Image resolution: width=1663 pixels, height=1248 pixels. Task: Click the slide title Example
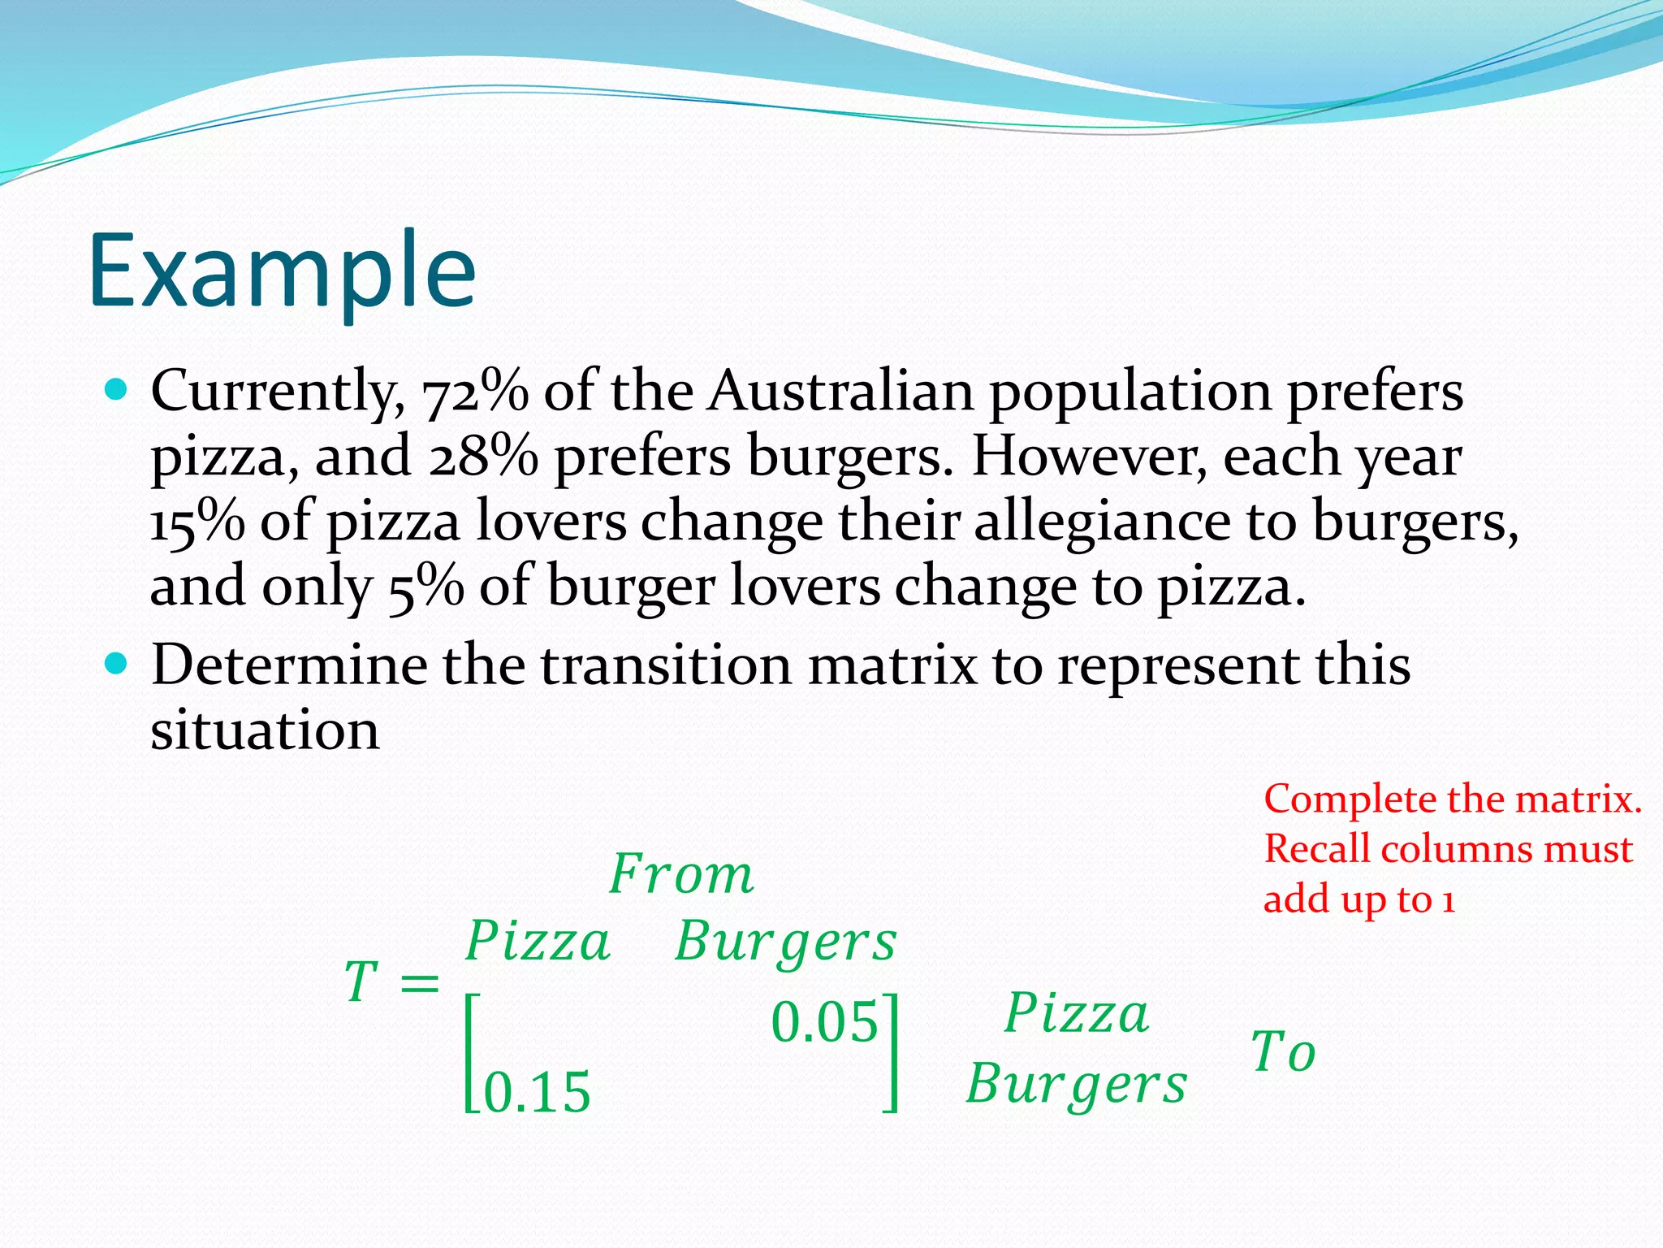282,272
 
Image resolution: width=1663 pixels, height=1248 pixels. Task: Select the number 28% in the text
483,457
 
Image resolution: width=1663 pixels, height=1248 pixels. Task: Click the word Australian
840,392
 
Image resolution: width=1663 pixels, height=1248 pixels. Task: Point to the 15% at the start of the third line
197,522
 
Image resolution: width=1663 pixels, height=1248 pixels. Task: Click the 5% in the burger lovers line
426,587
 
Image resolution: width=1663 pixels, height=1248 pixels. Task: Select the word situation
265,730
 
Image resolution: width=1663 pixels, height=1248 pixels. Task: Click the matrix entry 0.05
824,1022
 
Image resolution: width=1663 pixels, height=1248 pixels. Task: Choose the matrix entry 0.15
537,1093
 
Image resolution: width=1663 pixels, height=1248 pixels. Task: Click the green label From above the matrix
681,876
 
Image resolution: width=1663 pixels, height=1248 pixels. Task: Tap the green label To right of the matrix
1283,1052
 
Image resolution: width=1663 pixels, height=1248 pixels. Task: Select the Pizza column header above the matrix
538,942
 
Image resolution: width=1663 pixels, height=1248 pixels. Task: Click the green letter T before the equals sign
361,982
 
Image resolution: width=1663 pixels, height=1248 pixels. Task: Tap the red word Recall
1317,850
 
